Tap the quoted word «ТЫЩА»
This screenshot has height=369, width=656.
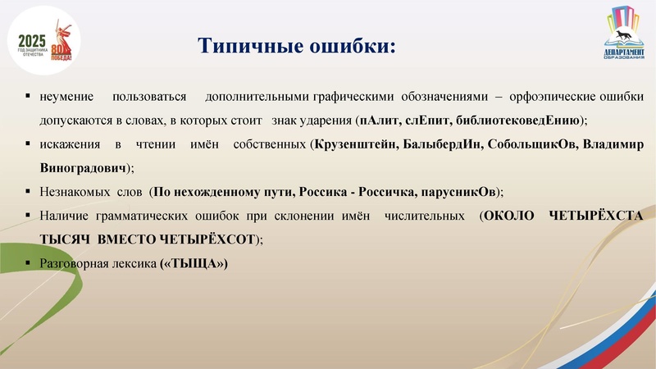point(194,264)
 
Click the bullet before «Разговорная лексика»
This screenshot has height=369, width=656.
point(29,264)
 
